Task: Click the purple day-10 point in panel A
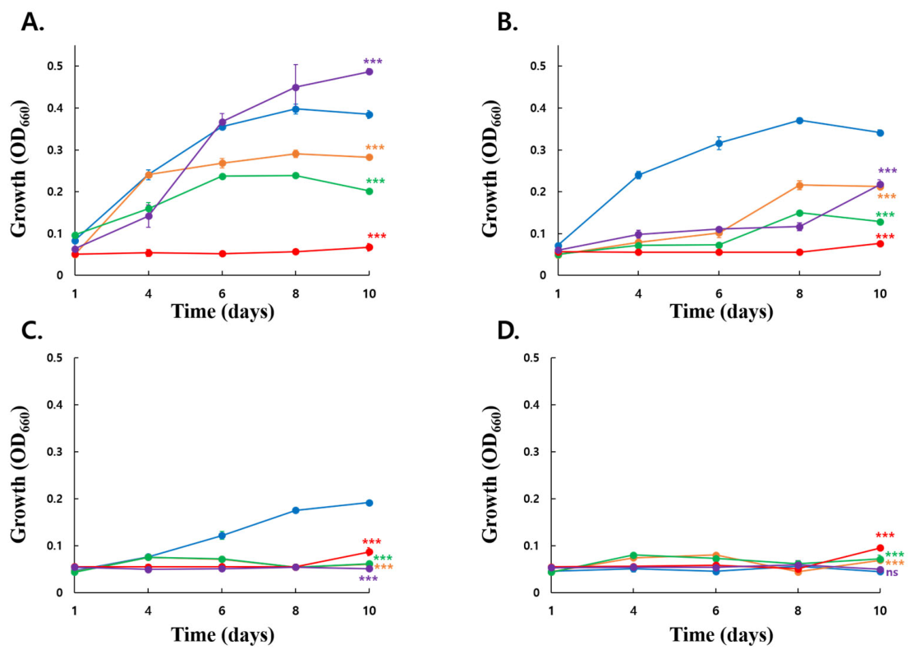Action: tap(369, 71)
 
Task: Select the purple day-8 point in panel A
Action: tap(295, 88)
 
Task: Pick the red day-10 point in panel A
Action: tap(369, 247)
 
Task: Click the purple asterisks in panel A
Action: tap(373, 62)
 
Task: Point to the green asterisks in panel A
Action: tap(375, 182)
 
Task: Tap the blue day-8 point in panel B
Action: tap(799, 120)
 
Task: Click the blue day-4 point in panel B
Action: tap(638, 175)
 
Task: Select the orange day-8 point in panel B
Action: tap(799, 185)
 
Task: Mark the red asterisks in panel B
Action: tap(885, 237)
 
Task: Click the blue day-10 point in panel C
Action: tap(369, 503)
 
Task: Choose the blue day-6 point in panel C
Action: tap(222, 536)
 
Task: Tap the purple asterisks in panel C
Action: tap(368, 579)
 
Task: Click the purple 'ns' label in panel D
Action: tap(892, 573)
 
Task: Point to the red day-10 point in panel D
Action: tap(880, 548)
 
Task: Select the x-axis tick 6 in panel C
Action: tap(222, 611)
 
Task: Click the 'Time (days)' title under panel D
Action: tap(721, 635)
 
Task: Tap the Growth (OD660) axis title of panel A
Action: tap(20, 168)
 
